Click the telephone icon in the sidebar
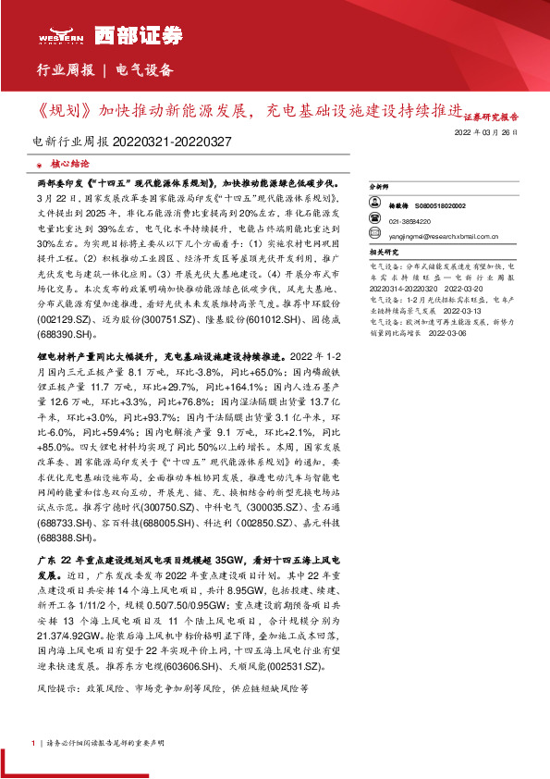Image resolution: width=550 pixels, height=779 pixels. (x=376, y=222)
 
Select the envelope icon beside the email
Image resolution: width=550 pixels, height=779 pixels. (x=376, y=236)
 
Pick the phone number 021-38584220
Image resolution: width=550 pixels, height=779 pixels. (x=408, y=222)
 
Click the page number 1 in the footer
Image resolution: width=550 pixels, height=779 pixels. (x=33, y=743)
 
